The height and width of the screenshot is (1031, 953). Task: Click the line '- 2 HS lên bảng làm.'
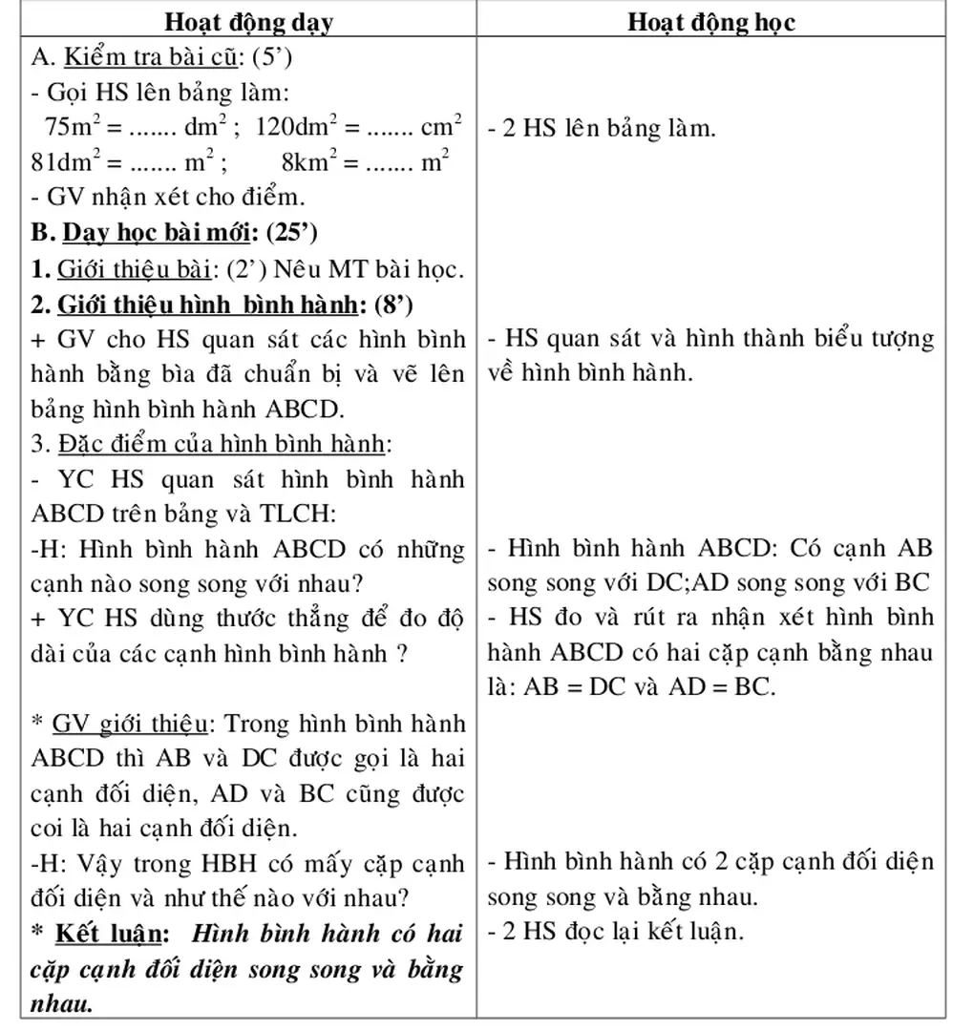pos(601,128)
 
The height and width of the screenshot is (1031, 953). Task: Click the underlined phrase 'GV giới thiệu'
pos(131,725)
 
